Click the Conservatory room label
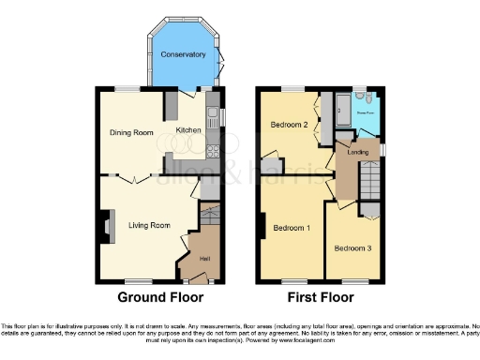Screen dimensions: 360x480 click(x=183, y=54)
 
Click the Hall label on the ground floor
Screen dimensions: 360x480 click(x=203, y=258)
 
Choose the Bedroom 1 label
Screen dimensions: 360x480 click(x=292, y=228)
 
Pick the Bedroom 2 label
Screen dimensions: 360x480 click(x=290, y=124)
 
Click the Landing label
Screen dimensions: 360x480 click(x=356, y=151)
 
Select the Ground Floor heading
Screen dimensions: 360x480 click(x=149, y=298)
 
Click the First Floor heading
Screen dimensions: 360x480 click(x=322, y=298)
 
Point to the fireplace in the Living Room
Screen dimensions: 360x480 click(x=104, y=225)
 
